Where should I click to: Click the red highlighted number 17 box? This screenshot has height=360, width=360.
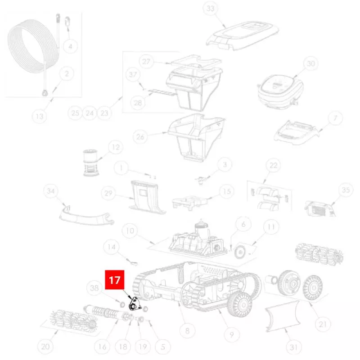click(115, 279)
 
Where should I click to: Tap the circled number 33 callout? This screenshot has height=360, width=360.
click(210, 9)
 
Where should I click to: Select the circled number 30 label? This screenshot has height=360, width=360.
click(310, 63)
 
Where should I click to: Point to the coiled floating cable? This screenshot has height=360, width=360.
click(32, 46)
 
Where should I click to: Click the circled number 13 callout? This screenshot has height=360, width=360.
click(40, 116)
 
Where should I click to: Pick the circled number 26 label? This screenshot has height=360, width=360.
click(140, 137)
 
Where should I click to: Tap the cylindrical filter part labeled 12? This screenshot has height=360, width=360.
click(90, 162)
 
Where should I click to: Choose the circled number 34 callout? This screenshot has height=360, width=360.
click(50, 191)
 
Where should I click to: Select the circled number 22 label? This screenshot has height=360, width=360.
click(273, 165)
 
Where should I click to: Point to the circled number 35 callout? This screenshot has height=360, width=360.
click(346, 190)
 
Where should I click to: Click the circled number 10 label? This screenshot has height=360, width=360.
click(130, 231)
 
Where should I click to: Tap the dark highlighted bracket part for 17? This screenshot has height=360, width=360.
click(135, 304)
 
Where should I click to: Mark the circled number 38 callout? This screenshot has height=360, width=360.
click(94, 288)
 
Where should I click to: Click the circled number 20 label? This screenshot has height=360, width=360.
click(45, 346)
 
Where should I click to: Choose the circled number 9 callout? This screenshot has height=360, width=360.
click(231, 334)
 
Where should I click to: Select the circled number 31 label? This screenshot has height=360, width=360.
click(294, 347)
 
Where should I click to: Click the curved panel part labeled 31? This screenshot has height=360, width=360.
click(283, 316)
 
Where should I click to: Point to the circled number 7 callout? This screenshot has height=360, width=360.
click(335, 118)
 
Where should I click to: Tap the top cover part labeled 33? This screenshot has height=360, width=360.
click(242, 35)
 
